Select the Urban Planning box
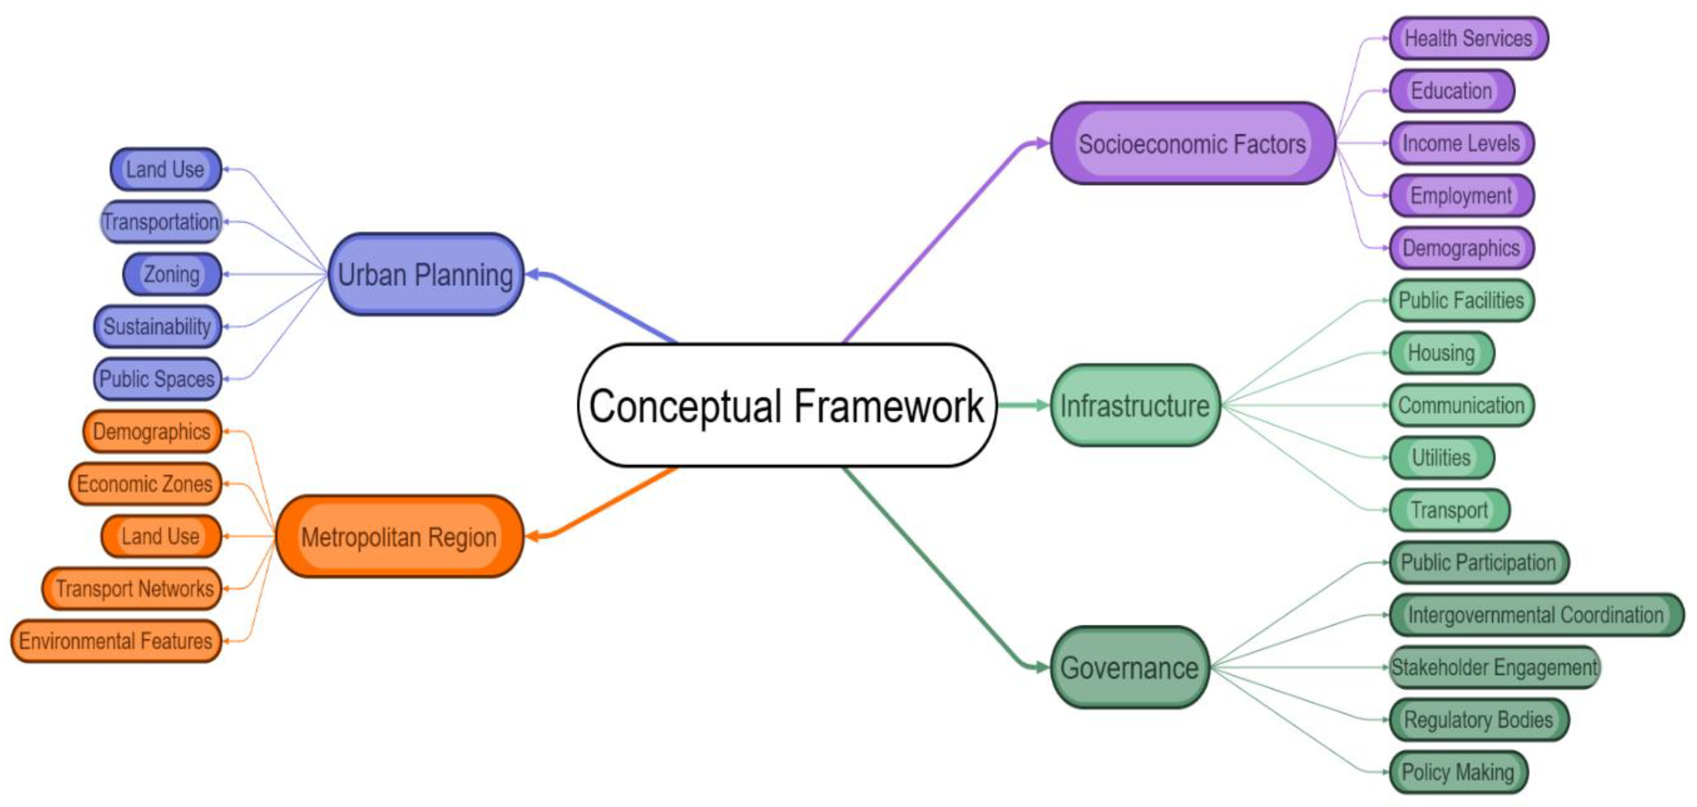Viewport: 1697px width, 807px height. pyautogui.click(x=426, y=274)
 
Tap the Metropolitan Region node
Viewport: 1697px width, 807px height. pyautogui.click(x=399, y=536)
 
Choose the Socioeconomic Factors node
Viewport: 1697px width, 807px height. pyautogui.click(x=1192, y=144)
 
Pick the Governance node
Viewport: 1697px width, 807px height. pyautogui.click(x=1129, y=668)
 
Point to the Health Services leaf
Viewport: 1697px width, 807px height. pyautogui.click(x=1468, y=38)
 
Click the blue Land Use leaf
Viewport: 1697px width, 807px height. pyautogui.click(x=165, y=169)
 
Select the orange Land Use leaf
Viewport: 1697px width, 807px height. pyautogui.click(x=161, y=536)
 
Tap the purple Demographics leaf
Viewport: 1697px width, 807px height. pyautogui.click(x=1461, y=248)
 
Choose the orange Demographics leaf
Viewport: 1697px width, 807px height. pyautogui.click(x=152, y=431)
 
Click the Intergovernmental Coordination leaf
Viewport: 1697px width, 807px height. pyautogui.click(x=1535, y=615)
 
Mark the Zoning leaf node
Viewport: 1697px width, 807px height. pyautogui.click(x=172, y=274)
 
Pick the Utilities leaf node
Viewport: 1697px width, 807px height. pyautogui.click(x=1441, y=457)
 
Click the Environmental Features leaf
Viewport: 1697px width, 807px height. pyautogui.click(x=116, y=641)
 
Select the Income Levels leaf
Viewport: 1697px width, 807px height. pyautogui.click(x=1461, y=143)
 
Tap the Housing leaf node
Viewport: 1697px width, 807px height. pyautogui.click(x=1441, y=353)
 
